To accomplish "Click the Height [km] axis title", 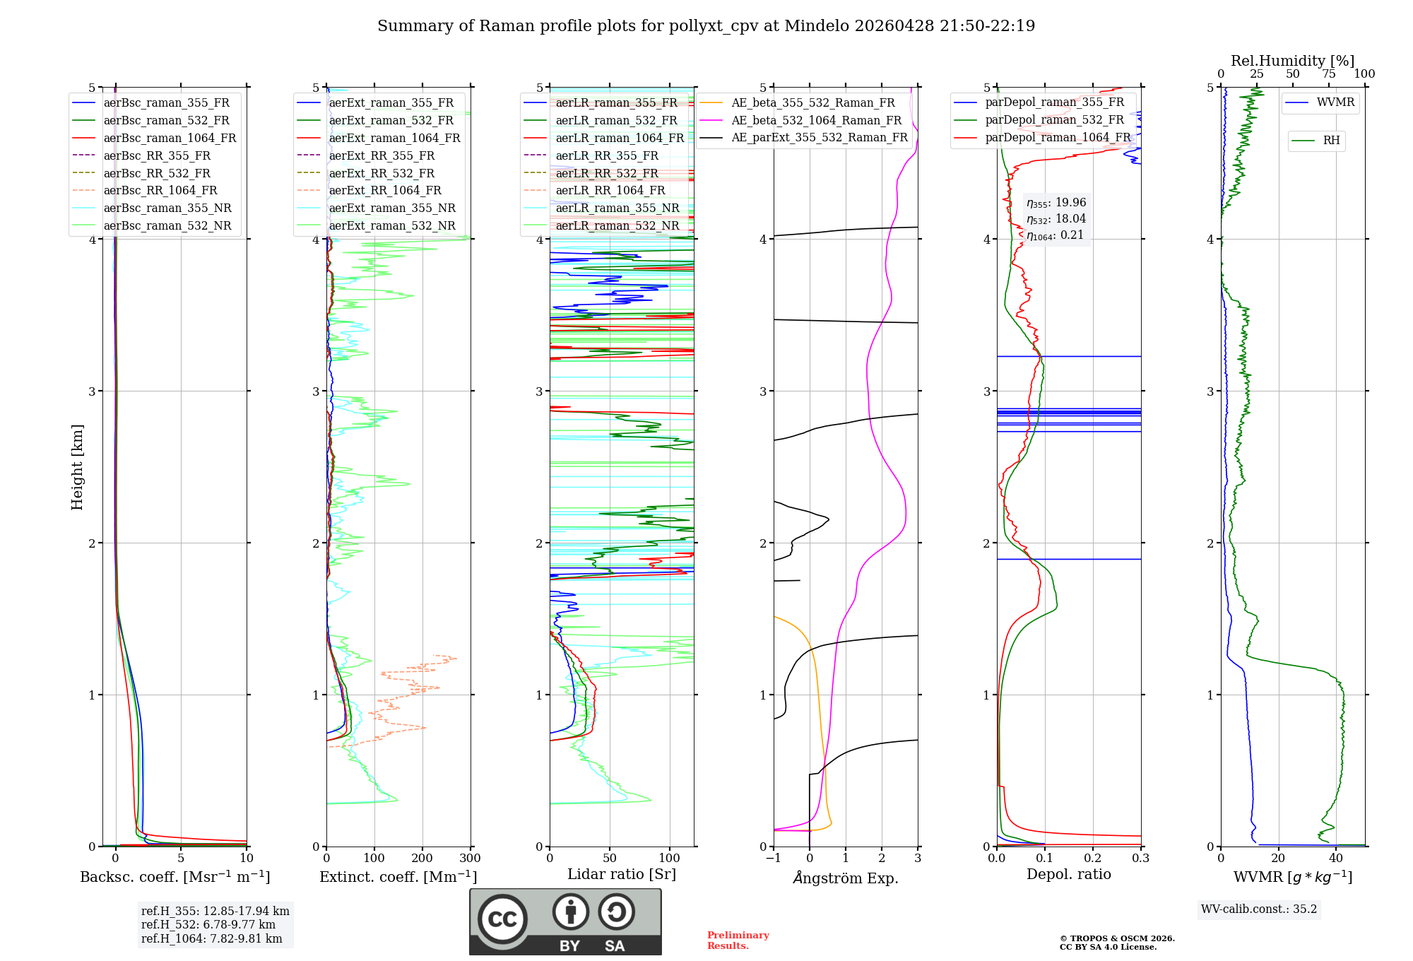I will (77, 467).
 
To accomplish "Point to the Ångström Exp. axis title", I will (846, 878).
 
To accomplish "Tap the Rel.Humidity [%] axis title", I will (1292, 61).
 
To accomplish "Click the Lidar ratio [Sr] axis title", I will (622, 874).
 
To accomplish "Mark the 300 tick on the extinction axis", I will (470, 858).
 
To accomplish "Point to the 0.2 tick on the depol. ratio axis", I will (1093, 858).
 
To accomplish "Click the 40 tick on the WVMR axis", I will (1336, 858).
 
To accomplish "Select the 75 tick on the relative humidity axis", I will (1329, 74).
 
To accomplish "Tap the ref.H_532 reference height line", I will (208, 924).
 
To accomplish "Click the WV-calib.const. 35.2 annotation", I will (1259, 909).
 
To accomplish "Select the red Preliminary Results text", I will (738, 940).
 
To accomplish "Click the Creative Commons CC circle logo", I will (502, 919).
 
